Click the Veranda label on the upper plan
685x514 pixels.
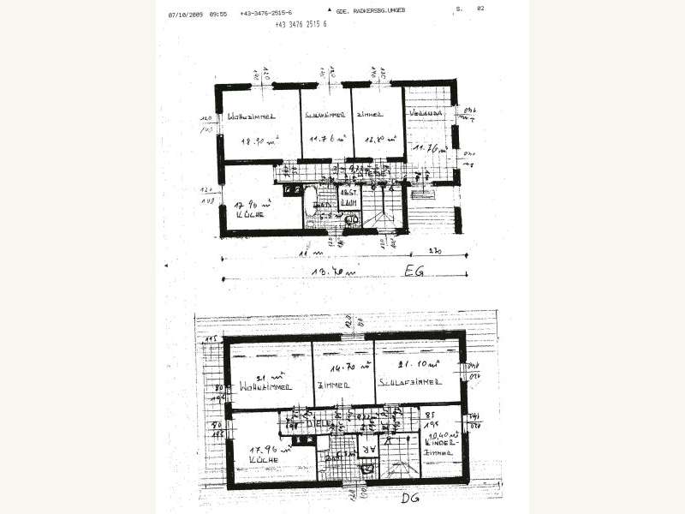pyautogui.click(x=426, y=113)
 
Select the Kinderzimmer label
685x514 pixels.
pyautogui.click(x=449, y=447)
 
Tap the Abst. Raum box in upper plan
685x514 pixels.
pyautogui.click(x=348, y=198)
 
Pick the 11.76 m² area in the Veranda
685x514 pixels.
pyautogui.click(x=426, y=148)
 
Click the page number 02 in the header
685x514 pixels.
pyautogui.click(x=480, y=9)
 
